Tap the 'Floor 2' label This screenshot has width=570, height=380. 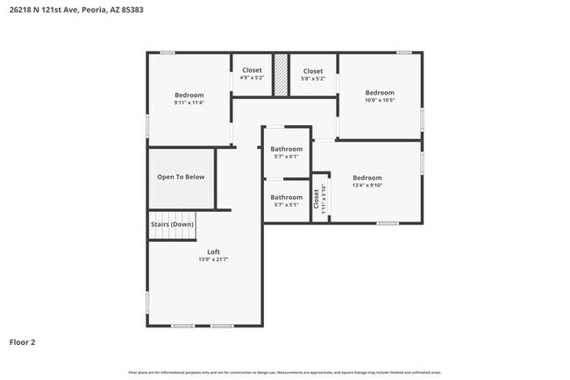coord(23,341)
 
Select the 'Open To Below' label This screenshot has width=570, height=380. coord(181,177)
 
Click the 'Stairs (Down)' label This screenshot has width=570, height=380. coord(172,224)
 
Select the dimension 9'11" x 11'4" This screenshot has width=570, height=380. coord(189,103)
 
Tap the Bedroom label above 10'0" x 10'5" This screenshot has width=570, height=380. coord(380,93)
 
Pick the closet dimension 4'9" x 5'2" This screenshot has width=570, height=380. coord(252,78)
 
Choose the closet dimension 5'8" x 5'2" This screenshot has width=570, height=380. coord(313,78)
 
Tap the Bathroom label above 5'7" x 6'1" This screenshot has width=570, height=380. coord(286,149)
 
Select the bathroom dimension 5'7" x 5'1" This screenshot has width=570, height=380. coord(286,205)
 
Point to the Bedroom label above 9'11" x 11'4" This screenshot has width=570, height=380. coord(189,95)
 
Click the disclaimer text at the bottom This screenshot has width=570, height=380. coord(284,371)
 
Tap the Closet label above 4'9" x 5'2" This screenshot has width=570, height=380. coord(252,70)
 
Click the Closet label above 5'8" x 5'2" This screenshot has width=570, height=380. coord(313,70)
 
